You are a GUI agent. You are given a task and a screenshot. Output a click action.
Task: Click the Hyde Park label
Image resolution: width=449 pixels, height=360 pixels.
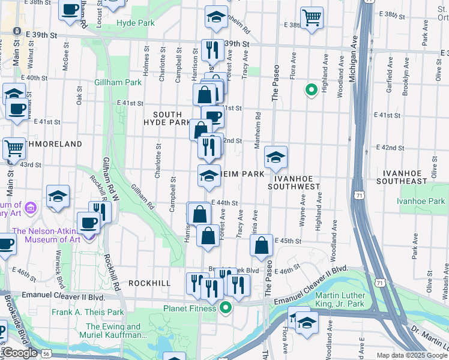coord(136,23)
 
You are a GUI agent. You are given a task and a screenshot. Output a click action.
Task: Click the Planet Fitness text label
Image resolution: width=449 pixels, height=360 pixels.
coord(190,308)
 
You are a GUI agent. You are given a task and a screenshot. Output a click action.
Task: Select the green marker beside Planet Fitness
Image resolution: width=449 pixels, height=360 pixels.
coord(226,308)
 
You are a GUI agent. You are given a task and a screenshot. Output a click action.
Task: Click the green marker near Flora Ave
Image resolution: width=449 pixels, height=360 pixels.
coord(311,91)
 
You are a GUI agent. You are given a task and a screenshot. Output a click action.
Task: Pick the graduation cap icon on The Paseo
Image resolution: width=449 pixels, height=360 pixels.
coord(276,157)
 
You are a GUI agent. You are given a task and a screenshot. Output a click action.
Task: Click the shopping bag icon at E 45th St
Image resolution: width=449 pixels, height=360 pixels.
coord(261,245)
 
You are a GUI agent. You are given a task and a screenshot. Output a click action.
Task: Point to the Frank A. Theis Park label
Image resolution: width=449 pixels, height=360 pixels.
coord(88,312)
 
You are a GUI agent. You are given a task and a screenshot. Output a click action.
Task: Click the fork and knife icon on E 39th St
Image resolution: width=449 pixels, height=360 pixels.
coord(211,50)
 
